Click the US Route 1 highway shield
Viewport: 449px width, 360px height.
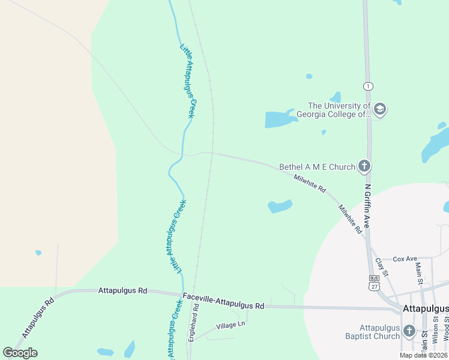coord(368,86)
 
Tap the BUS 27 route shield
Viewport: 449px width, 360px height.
coord(374,283)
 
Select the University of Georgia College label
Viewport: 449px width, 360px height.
coord(340,110)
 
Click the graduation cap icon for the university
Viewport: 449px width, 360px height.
coord(379,109)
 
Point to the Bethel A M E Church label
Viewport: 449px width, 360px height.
coord(317,167)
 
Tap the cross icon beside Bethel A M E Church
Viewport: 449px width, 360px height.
coord(364,166)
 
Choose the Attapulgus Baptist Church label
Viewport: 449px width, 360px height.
coord(379,332)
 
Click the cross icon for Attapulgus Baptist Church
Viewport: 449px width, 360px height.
coord(409,331)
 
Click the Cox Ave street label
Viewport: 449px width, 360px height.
coord(405,259)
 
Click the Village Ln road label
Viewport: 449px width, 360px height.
coord(231,325)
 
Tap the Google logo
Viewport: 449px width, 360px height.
coord(20,353)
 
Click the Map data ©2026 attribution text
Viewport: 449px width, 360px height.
coord(423,355)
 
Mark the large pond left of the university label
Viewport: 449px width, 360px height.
coord(280,119)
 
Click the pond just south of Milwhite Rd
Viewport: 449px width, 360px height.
coord(280,206)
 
